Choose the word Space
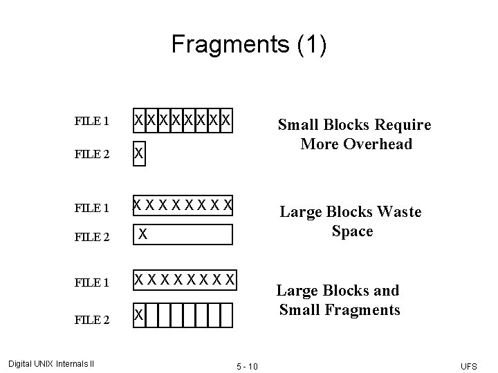[x=352, y=231]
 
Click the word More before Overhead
[x=319, y=144]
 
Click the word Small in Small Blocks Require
[x=297, y=125]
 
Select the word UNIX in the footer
[x=46, y=363]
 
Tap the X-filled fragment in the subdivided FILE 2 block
[x=140, y=316]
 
